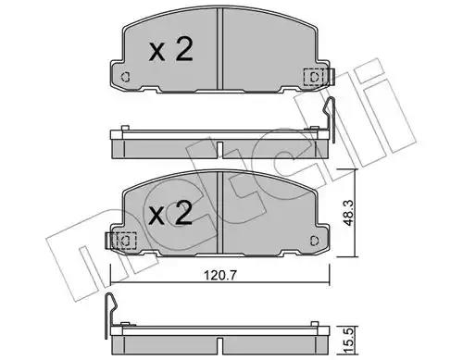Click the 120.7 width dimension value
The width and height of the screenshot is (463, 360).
[x=220, y=275]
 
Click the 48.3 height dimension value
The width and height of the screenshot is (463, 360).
[x=349, y=212]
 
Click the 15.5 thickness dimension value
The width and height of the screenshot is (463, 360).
[x=349, y=341]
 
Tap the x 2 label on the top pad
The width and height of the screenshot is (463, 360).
[x=170, y=49]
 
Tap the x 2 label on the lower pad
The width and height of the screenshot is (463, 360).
[x=170, y=212]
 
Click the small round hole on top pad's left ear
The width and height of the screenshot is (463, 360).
[x=125, y=76]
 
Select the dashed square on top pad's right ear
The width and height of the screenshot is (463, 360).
[x=313, y=77]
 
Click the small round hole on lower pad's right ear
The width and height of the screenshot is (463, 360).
[x=314, y=241]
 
